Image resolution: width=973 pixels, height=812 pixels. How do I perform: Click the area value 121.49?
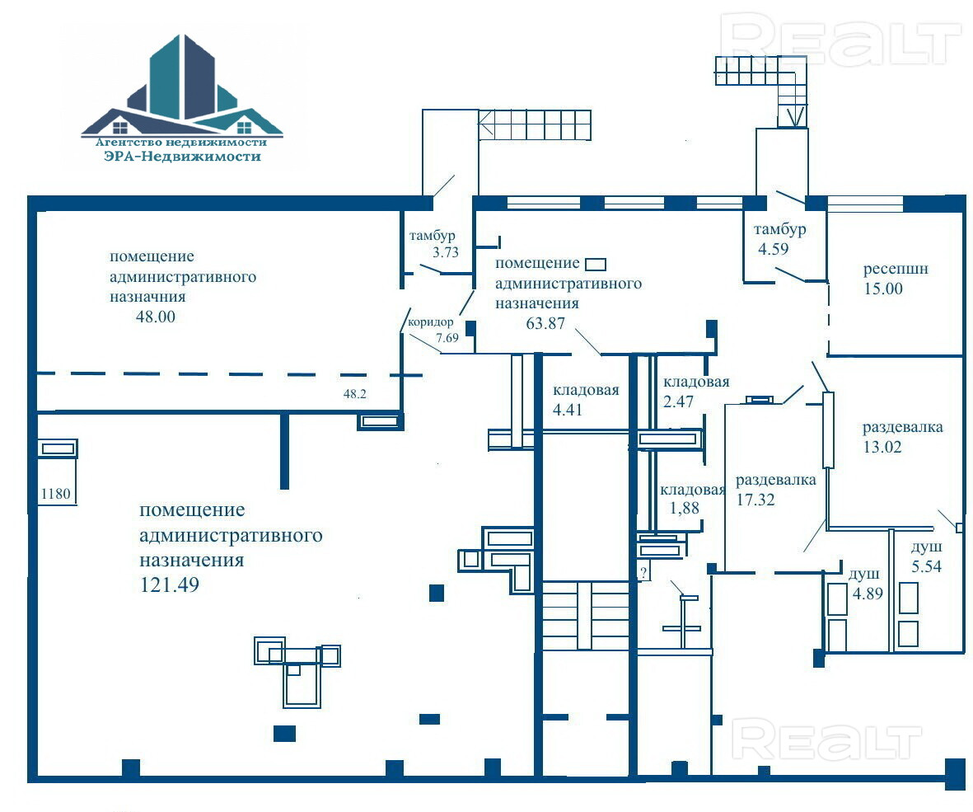click(166, 584)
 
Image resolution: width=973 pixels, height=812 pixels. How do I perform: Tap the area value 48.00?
click(156, 317)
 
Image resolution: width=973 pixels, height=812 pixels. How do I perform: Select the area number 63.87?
click(545, 323)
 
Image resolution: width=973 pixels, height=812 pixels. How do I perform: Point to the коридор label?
click(431, 323)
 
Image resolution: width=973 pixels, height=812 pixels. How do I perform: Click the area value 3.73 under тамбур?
click(444, 253)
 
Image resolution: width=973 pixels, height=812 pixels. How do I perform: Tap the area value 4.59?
click(774, 247)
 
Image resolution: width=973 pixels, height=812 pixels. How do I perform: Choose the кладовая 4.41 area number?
click(568, 409)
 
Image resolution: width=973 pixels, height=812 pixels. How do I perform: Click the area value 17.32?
click(757, 499)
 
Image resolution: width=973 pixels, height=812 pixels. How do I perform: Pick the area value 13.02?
click(882, 448)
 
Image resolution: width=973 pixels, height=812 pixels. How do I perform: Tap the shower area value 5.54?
click(926, 566)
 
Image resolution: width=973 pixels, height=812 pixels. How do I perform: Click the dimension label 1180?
click(56, 495)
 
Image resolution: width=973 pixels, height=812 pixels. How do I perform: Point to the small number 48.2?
click(354, 394)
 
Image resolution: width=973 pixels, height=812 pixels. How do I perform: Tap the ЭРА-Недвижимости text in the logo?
click(182, 156)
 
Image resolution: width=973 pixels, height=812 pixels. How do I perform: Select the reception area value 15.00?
click(883, 289)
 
